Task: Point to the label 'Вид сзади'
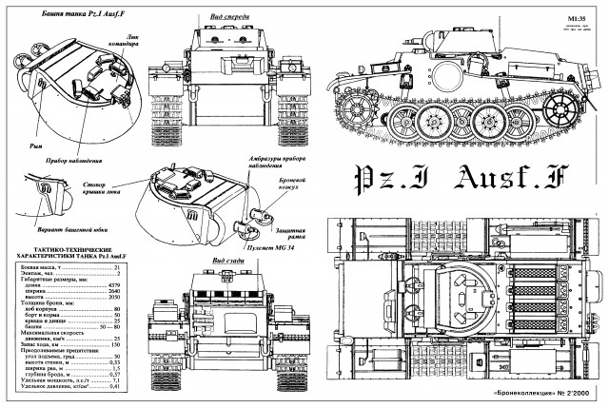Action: [233, 260]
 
